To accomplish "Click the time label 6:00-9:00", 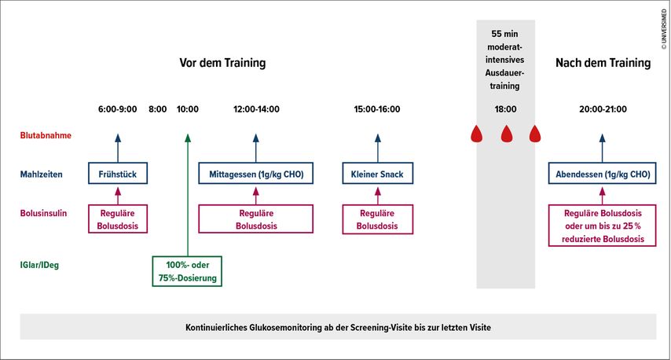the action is pos(117,109).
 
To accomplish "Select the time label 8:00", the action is pos(157,109).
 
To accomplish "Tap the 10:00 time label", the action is pos(188,109).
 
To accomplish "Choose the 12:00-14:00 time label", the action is pos(256,109).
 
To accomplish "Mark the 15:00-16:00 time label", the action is pos(377,109).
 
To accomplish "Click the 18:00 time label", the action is pos(505,109).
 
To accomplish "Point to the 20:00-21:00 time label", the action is pos(603,109).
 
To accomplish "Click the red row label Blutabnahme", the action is pos(46,135).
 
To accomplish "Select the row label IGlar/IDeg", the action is pos(39,265).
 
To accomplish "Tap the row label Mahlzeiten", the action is pos(41,174).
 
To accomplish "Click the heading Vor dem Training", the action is pos(222,63).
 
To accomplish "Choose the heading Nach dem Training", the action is pos(603,63).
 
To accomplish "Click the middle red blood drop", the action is pos(507,134).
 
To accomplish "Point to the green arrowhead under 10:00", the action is pos(188,138).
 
